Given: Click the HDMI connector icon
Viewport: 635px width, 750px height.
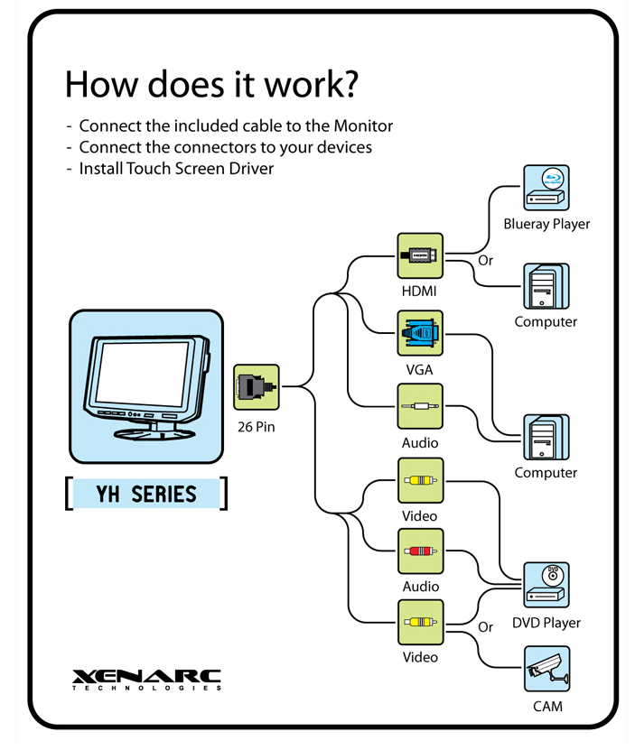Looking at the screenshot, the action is click(x=420, y=256).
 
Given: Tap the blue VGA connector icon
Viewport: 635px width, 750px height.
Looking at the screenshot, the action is click(x=420, y=333).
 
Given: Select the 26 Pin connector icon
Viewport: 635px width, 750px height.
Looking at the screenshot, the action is click(x=257, y=387).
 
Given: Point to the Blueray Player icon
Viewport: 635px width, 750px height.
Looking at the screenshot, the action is click(x=546, y=188).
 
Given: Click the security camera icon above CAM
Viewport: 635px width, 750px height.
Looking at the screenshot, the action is click(x=546, y=669).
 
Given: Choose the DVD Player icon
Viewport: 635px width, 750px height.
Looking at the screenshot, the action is click(x=546, y=585).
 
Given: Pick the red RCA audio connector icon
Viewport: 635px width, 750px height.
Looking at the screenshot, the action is click(x=420, y=551).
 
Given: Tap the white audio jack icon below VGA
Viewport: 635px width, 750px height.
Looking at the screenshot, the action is click(x=420, y=406).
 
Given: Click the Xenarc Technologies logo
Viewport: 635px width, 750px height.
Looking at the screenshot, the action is click(x=146, y=680).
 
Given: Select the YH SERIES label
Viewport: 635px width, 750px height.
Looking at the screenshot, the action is click(x=146, y=494).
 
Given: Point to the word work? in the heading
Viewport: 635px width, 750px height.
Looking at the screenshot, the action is click(x=312, y=84).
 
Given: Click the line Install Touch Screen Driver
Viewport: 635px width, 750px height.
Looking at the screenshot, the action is click(x=176, y=169).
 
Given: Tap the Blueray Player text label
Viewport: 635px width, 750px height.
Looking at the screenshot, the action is click(x=546, y=224).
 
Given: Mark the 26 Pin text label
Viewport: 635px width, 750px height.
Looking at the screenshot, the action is click(x=257, y=427).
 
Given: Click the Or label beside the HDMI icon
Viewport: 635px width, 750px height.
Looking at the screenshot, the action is click(x=485, y=261).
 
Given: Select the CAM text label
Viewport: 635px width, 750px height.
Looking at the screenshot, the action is click(x=547, y=706).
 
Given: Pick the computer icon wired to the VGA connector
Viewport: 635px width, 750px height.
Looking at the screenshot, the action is click(x=546, y=437).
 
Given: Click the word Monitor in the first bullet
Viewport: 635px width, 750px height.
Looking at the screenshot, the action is click(x=363, y=125).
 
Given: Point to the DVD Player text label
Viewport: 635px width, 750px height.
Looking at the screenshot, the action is click(x=546, y=623).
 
